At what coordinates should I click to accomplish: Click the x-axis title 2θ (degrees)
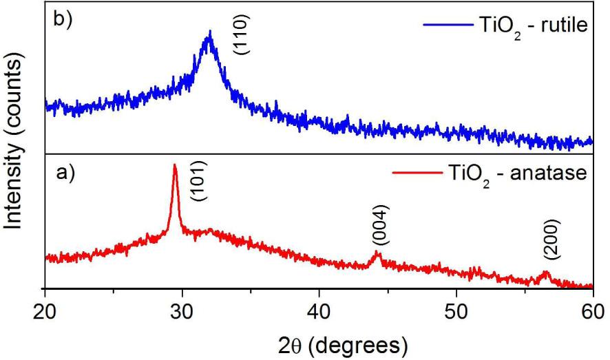point(319,342)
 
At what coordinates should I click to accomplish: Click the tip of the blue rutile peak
point(209,32)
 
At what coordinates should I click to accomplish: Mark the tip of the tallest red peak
point(175,165)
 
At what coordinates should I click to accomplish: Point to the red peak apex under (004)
point(377,253)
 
